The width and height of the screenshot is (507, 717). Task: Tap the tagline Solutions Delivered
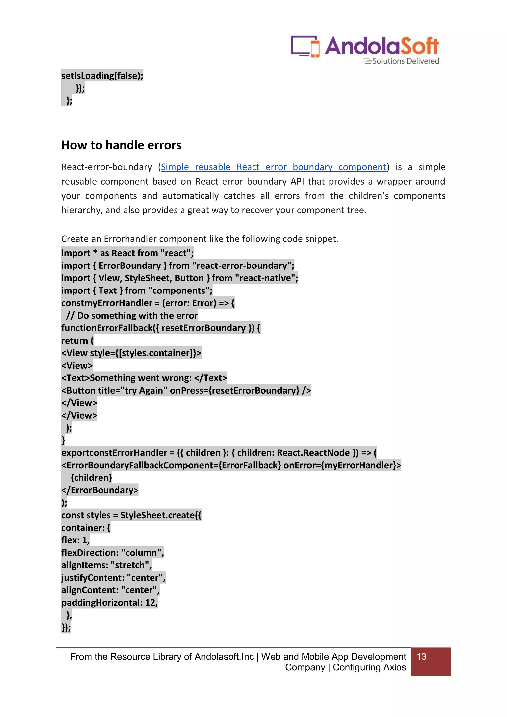(405, 61)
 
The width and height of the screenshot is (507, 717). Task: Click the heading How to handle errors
(122, 145)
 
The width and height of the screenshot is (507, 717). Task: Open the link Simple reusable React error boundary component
(274, 167)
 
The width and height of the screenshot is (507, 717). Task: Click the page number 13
(421, 656)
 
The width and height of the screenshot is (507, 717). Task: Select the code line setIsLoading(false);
(102, 76)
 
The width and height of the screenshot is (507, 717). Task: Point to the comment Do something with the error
(137, 315)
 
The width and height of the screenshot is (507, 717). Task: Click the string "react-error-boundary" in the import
(243, 266)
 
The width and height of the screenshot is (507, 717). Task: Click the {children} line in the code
(91, 478)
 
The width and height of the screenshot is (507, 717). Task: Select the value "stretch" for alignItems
(130, 565)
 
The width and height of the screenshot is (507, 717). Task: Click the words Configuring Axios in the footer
(369, 667)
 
